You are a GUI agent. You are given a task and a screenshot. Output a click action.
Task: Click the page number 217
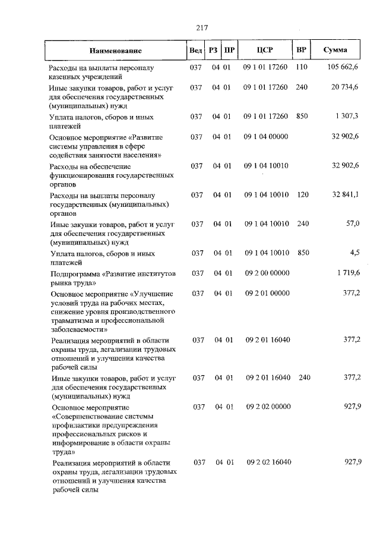point(201,27)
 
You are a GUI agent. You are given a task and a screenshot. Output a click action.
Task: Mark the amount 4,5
point(355,253)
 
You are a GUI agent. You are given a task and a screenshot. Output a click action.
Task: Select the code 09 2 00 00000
point(267,273)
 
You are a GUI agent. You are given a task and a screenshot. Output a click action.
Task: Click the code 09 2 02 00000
point(268,407)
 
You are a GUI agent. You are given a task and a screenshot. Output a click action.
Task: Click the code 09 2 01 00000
point(267,293)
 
